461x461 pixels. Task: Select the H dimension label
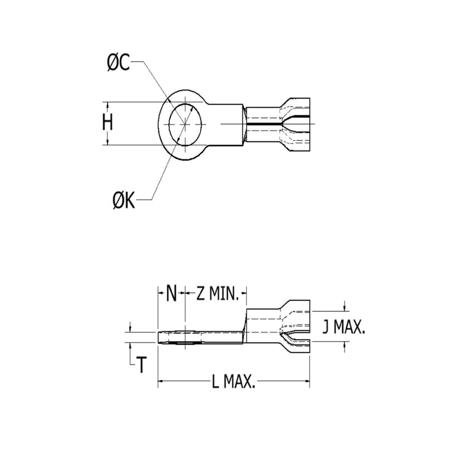(108, 123)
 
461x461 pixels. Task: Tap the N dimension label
(172, 295)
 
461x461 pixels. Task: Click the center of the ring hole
(186, 124)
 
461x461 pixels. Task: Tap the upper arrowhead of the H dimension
(108, 104)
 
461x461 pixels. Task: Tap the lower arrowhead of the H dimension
(108, 142)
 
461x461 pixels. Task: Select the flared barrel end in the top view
(296, 124)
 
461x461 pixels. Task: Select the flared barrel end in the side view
(296, 327)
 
